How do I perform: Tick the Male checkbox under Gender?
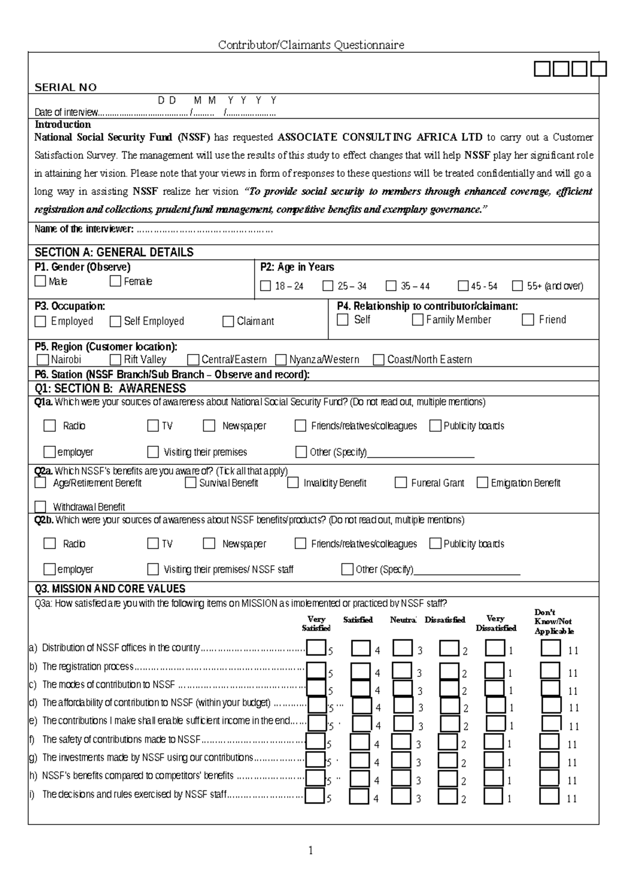coord(40,281)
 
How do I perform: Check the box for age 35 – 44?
coord(391,286)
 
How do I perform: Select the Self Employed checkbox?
coord(115,321)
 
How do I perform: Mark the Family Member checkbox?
coord(417,320)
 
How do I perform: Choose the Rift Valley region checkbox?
coord(115,359)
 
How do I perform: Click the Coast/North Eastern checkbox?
coord(378,359)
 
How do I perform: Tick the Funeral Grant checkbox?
coord(400,483)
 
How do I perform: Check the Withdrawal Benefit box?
coord(40,506)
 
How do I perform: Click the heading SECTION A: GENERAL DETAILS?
coord(114,252)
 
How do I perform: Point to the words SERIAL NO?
coord(65,87)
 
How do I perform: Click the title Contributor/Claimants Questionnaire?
coord(310,45)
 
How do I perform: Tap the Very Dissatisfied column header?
coord(496,623)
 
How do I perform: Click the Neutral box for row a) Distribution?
coord(402,648)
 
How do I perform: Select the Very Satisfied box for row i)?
coord(315,796)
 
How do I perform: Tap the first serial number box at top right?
coord(542,68)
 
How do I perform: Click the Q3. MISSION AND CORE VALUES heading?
coord(109,589)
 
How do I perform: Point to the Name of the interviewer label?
coord(83,229)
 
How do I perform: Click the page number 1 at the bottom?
coord(310,850)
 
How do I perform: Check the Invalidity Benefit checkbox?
coord(293,483)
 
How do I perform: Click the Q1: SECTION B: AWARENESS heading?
coord(110,388)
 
